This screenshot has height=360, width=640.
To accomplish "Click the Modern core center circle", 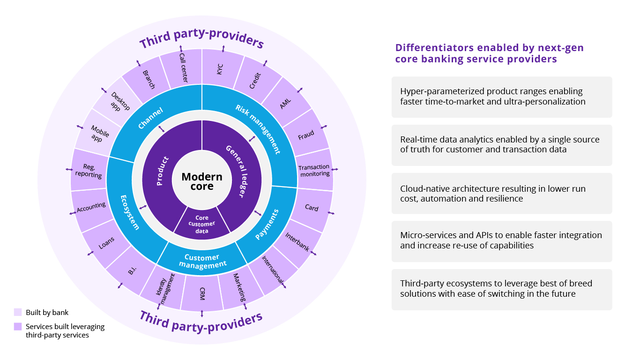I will click(202, 181).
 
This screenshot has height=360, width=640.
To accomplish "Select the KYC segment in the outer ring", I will click(221, 69).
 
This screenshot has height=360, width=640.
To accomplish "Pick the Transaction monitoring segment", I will click(314, 170).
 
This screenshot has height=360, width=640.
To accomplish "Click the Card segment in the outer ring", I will click(312, 208).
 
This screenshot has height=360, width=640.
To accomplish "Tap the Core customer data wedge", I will click(202, 224).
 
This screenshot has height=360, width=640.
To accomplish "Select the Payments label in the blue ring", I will click(267, 225).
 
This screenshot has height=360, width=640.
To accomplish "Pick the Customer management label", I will click(202, 261).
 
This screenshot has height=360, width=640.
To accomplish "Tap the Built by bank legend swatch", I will click(18, 312).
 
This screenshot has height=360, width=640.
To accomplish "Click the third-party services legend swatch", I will click(18, 326).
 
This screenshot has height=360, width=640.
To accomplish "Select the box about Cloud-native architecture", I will click(501, 193).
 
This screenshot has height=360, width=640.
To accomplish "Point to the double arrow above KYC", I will click(223, 49).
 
